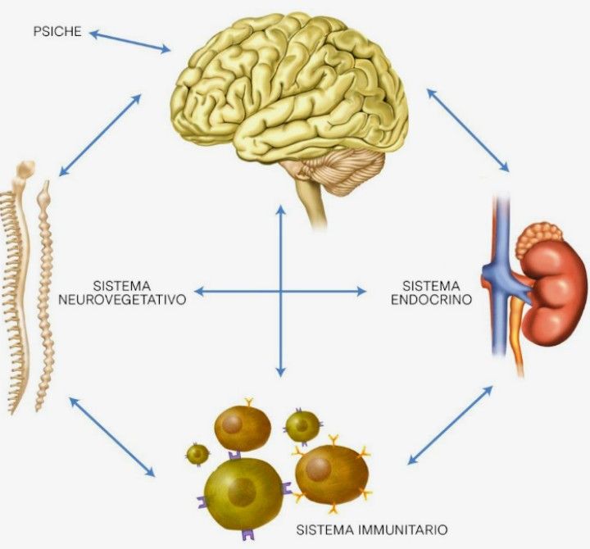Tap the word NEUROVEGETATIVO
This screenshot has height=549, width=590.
coord(123,300)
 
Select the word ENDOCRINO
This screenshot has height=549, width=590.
coord(431,300)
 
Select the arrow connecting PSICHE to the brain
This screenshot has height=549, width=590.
coord(130,41)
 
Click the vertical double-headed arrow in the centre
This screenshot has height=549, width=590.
coord(281,291)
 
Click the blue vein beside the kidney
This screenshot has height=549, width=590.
coord(501,270)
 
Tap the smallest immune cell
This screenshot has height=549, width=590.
coord(197,453)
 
